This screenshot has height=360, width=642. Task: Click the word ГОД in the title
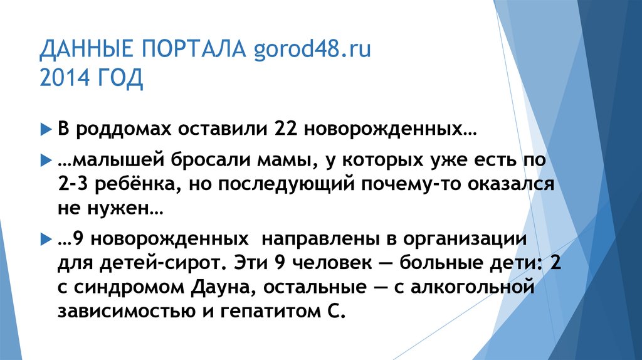[120, 79]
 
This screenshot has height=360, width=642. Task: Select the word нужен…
[128, 209]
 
